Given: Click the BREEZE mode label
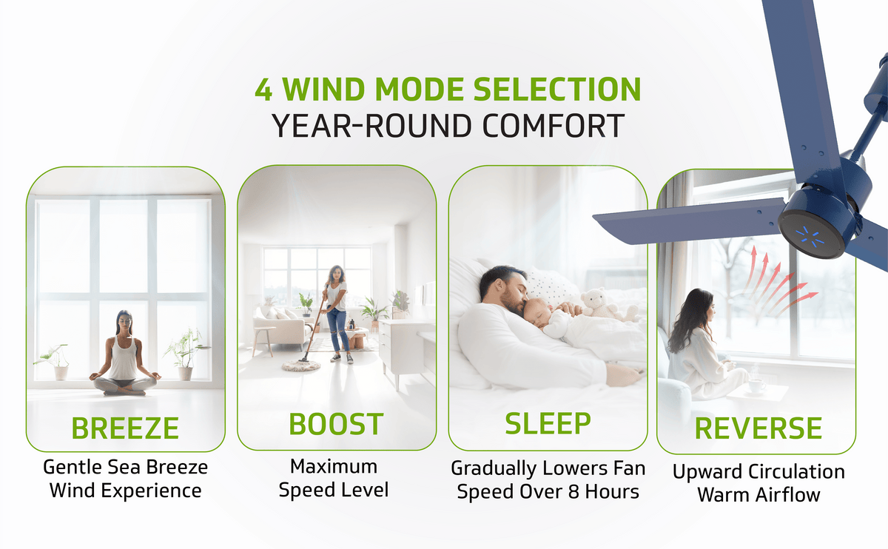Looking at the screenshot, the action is coord(125,428).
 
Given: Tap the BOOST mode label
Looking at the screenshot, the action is coord(336,424).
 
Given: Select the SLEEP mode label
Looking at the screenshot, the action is coord(548,424).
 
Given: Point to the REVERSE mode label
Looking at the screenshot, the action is coord(758,428).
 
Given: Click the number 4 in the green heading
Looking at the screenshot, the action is coord(263,90).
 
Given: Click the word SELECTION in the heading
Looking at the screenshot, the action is coord(557,90).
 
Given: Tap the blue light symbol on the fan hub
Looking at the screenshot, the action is coord(813,235).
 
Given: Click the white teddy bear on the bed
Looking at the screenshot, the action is coord(599,303).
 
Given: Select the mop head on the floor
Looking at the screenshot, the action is coord(301,365).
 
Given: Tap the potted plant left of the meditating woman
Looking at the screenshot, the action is coord(55,362).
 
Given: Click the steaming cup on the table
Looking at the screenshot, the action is coord(757,385).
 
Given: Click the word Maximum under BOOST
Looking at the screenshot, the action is coord(334,467).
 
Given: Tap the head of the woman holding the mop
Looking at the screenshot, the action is coord(336,274).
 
